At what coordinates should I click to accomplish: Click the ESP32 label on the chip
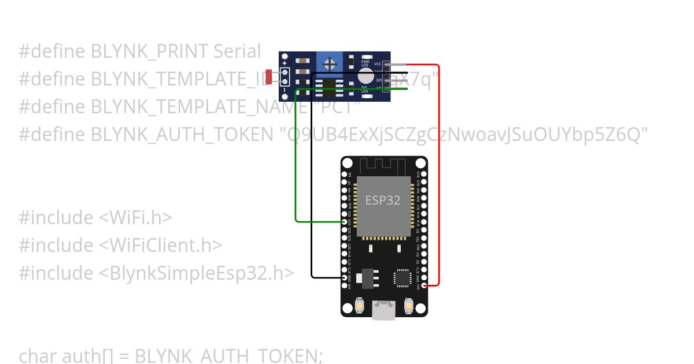382,200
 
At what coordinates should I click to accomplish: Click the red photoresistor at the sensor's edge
268,76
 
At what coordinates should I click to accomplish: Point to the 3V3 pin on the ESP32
425,285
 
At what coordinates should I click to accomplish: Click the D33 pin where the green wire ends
345,222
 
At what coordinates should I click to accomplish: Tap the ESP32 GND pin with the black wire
345,277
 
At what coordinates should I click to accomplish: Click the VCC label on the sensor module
378,64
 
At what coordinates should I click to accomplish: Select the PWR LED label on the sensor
365,63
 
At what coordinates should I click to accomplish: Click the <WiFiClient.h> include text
160,245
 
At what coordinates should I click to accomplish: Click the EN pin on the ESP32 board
345,174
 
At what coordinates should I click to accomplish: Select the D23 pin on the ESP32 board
425,174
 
